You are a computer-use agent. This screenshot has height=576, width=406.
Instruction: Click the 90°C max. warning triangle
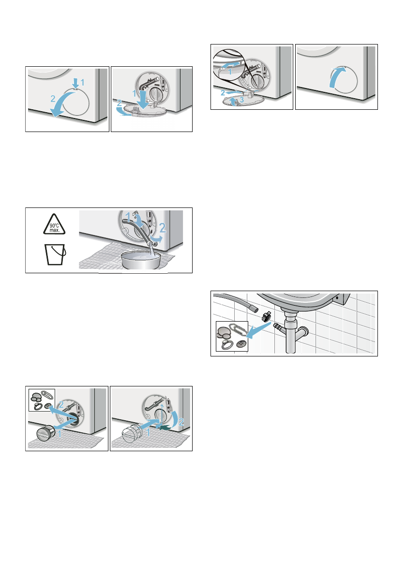click(54, 224)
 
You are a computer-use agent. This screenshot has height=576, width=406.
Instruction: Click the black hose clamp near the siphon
click(266, 315)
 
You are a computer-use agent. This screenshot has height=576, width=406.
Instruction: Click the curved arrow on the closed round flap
click(336, 76)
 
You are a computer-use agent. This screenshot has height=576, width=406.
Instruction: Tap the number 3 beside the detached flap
click(242, 100)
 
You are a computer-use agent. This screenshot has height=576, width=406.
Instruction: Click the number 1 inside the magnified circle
click(230, 72)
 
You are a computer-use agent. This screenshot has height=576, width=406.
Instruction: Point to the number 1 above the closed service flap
click(82, 82)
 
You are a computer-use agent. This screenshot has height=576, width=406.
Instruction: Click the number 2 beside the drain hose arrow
click(163, 229)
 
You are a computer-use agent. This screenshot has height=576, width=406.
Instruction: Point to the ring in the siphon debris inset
click(227, 344)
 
